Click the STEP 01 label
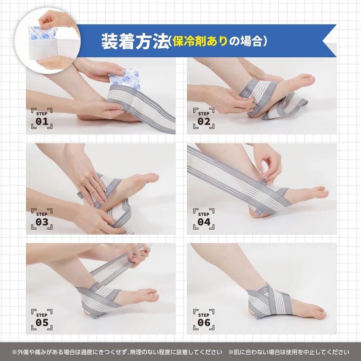42,119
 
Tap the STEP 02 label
204,119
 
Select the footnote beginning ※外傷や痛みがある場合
117,352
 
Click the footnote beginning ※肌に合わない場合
289,352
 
